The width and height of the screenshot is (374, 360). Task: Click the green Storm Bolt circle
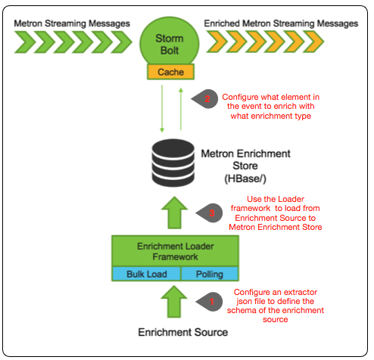pyautogui.click(x=170, y=42)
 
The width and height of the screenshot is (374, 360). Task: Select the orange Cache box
pyautogui.click(x=170, y=72)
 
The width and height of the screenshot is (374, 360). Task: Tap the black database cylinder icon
pyautogui.click(x=173, y=163)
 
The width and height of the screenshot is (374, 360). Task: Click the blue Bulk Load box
pyautogui.click(x=146, y=274)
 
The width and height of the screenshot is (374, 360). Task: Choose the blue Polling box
pyautogui.click(x=210, y=274)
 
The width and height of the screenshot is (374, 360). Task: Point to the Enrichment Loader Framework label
pyautogui.click(x=176, y=251)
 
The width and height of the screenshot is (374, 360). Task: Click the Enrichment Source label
pyautogui.click(x=183, y=332)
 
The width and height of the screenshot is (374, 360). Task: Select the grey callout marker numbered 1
pyautogui.click(x=209, y=302)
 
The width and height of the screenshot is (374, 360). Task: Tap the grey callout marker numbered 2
pyautogui.click(x=204, y=99)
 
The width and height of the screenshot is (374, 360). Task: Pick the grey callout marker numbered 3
pyautogui.click(x=209, y=213)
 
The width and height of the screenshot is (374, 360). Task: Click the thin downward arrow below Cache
pyautogui.click(x=162, y=109)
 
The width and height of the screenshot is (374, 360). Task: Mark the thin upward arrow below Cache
pyautogui.click(x=181, y=109)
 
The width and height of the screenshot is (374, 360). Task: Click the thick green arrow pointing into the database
pyautogui.click(x=174, y=213)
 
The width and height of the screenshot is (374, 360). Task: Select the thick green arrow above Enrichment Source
pyautogui.click(x=174, y=302)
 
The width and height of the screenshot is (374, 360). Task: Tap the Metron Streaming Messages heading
pyautogui.click(x=72, y=23)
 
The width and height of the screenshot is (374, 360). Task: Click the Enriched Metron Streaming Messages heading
pyautogui.click(x=281, y=23)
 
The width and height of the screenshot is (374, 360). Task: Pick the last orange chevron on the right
pyautogui.click(x=313, y=42)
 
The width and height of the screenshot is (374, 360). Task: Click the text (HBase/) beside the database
pyautogui.click(x=245, y=178)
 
